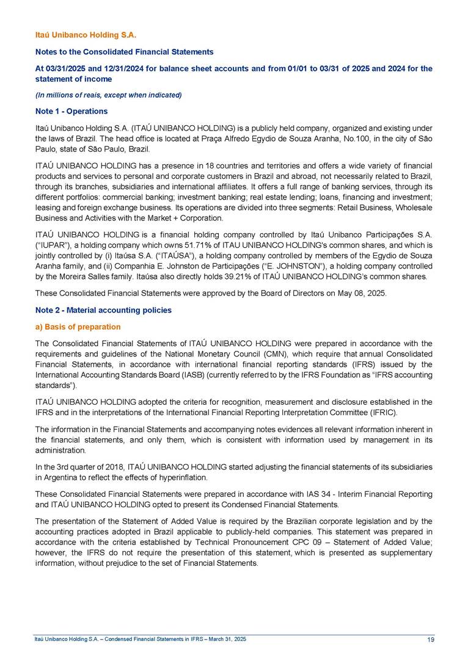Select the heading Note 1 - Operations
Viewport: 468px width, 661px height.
pyautogui.click(x=71, y=111)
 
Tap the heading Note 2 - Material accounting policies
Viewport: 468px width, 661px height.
pyautogui.click(x=103, y=310)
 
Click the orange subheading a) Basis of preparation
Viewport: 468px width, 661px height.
pyautogui.click(x=78, y=327)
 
